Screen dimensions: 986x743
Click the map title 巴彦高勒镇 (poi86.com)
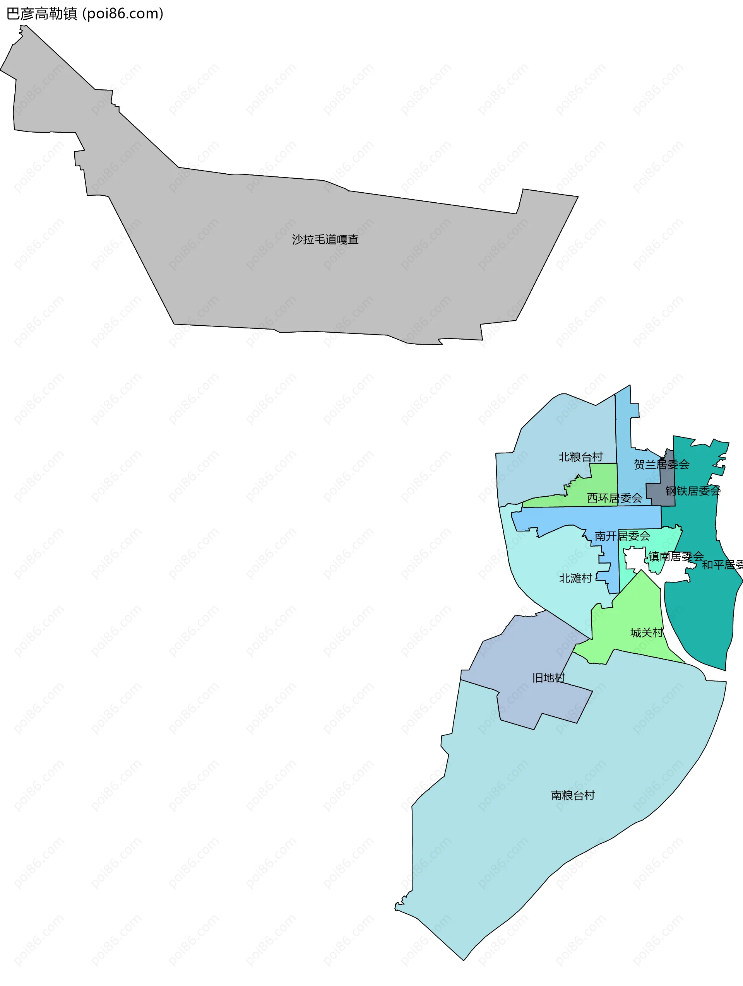pyautogui.click(x=85, y=14)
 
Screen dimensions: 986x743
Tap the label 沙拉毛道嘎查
pyautogui.click(x=325, y=239)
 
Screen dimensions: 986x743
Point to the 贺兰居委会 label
pyautogui.click(x=661, y=465)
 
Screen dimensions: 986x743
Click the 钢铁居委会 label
pyautogui.click(x=693, y=491)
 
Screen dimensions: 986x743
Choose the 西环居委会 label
pyautogui.click(x=614, y=498)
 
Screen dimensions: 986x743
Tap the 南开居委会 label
pyautogui.click(x=622, y=536)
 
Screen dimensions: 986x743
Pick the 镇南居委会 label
pyautogui.click(x=676, y=556)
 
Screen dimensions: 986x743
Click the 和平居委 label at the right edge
pyautogui.click(x=722, y=565)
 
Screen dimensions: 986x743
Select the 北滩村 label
pyautogui.click(x=575, y=578)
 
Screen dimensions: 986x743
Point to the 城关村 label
pyautogui.click(x=646, y=632)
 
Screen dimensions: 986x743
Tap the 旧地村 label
pyautogui.click(x=549, y=678)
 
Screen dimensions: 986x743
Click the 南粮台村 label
pyautogui.click(x=573, y=795)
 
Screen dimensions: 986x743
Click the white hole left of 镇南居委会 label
pyautogui.click(x=633, y=559)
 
